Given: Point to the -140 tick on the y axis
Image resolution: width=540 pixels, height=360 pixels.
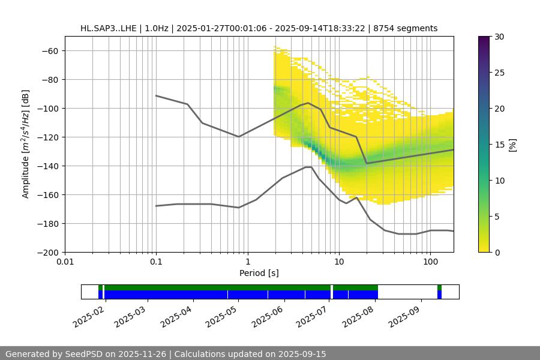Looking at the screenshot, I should pyautogui.click(x=50, y=166).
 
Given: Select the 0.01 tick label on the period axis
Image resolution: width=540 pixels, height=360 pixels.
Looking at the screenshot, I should pyautogui.click(x=65, y=262).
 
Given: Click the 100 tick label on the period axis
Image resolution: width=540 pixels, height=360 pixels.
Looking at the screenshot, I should pyautogui.click(x=430, y=262).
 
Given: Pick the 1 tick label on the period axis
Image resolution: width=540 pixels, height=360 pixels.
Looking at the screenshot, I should pyautogui.click(x=247, y=262).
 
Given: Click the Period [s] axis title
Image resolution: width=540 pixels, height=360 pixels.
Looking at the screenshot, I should pyautogui.click(x=259, y=273).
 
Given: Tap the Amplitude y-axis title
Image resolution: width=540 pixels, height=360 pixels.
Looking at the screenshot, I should pyautogui.click(x=26, y=144).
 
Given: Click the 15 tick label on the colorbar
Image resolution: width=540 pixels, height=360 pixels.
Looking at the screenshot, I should pyautogui.click(x=499, y=145).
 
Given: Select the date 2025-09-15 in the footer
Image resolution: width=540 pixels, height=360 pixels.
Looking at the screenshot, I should pyautogui.click(x=303, y=354).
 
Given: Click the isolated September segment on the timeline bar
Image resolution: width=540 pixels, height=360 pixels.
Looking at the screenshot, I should pyautogui.click(x=439, y=292).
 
